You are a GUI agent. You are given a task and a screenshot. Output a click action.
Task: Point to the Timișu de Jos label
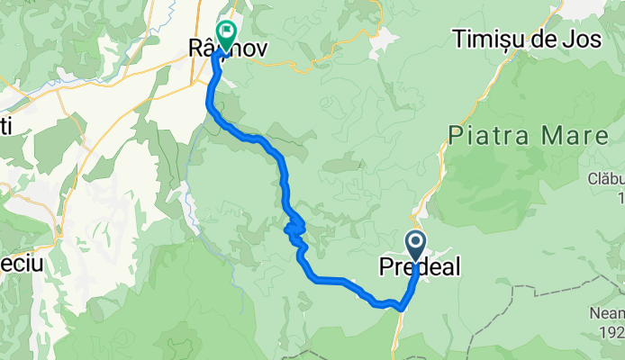522,40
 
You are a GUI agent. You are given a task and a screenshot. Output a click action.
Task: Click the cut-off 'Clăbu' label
608,179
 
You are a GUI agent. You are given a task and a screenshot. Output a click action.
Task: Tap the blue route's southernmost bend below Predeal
398,308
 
